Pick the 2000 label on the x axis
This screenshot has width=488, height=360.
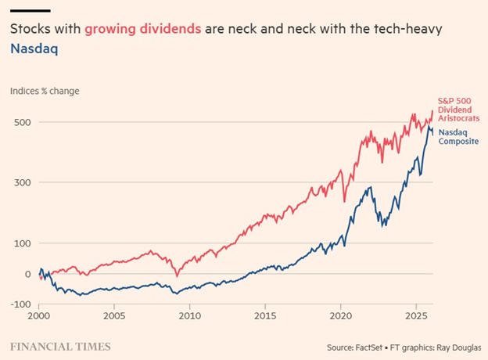tap(39, 319)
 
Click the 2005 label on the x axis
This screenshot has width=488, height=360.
tap(114, 319)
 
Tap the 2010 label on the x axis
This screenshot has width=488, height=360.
tap(190, 319)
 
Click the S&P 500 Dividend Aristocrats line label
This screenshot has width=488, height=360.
tap(458, 109)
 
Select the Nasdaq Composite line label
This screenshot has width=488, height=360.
tap(457, 138)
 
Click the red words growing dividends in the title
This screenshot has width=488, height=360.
tap(143, 29)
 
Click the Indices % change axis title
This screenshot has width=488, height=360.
tap(45, 91)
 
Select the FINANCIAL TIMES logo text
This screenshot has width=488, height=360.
tap(60, 346)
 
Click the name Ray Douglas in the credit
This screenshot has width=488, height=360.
tap(456, 346)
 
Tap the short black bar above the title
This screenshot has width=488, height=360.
tap(30, 11)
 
